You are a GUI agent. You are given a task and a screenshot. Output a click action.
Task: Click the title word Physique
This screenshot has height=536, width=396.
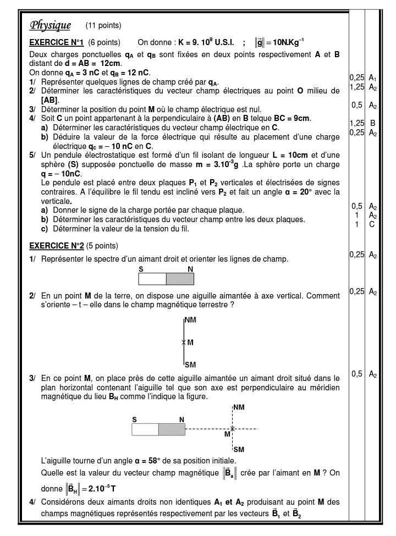(50, 25)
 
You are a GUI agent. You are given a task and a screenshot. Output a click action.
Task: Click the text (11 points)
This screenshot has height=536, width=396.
(103, 25)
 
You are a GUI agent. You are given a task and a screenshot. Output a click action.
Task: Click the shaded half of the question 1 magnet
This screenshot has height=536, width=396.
(180, 279)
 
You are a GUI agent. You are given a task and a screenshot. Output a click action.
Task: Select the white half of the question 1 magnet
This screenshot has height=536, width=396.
(152, 279)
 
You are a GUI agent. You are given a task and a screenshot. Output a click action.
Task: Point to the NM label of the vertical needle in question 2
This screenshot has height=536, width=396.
(190, 319)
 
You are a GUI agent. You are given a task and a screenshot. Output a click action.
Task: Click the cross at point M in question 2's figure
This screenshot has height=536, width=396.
(183, 342)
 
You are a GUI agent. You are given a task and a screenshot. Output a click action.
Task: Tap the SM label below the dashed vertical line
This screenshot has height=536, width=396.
(238, 449)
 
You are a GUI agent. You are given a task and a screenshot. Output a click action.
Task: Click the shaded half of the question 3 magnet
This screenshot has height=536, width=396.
(172, 429)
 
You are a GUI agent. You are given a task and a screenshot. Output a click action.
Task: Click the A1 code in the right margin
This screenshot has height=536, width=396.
(373, 78)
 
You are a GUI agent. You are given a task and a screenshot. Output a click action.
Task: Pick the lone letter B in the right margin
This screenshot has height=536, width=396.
(373, 123)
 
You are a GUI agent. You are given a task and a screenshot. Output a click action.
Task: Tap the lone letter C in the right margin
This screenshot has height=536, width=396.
(373, 224)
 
